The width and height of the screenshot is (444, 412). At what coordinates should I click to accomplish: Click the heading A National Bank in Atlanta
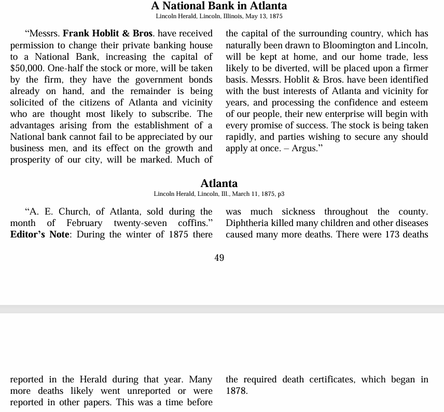click(x=219, y=6)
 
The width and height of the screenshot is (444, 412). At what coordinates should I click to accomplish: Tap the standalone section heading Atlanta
click(x=219, y=183)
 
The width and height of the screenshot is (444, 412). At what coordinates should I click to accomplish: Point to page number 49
click(x=219, y=258)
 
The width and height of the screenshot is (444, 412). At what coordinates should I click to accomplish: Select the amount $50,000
click(x=27, y=68)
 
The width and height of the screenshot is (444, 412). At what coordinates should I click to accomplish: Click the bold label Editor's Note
click(x=40, y=234)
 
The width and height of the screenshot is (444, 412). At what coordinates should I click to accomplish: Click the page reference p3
click(x=281, y=194)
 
